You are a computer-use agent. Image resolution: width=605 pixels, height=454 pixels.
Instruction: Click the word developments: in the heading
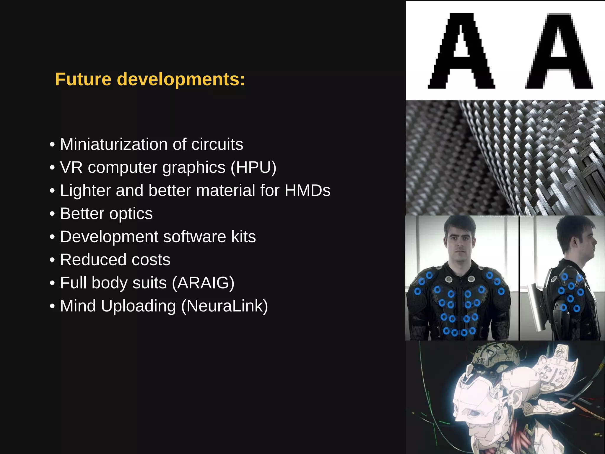coord(181,80)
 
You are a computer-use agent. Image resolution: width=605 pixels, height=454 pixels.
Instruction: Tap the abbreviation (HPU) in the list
coord(253,167)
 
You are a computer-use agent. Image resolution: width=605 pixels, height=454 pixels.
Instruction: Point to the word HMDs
coord(307,190)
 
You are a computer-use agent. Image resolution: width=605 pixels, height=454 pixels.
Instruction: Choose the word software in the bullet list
coord(195,237)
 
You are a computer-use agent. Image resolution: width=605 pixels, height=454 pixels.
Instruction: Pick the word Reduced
coord(93,260)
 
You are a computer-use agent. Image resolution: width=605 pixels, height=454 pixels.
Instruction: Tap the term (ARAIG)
coord(203,283)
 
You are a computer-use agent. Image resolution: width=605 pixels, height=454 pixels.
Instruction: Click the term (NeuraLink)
coord(225,306)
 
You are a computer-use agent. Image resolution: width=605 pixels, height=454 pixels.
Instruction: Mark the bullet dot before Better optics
coord(52,214)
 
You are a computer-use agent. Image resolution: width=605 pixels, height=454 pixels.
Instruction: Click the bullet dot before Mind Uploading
coord(52,306)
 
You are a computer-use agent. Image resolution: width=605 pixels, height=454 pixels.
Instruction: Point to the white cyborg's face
coord(470,405)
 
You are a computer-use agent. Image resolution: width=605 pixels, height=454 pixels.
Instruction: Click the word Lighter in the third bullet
coord(85,190)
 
